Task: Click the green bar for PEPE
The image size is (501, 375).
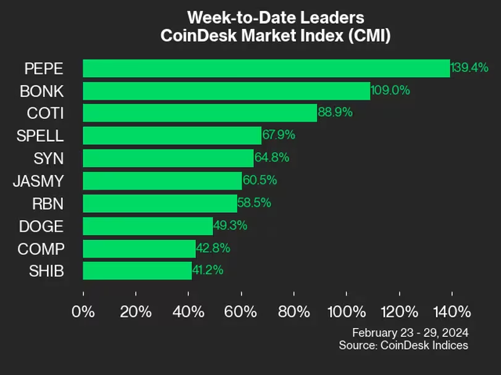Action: click(x=266, y=68)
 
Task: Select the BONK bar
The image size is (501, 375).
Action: click(x=227, y=91)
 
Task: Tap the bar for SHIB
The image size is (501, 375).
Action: click(x=137, y=271)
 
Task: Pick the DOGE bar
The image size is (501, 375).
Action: click(x=148, y=226)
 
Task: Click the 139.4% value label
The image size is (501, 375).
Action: click(x=469, y=68)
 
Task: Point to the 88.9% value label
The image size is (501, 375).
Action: click(x=335, y=112)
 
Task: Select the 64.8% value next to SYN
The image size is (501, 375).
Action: click(x=272, y=157)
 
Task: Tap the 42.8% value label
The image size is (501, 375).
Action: click(x=213, y=248)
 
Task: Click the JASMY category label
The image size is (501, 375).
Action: click(x=39, y=181)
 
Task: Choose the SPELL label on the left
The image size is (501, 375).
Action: click(x=40, y=136)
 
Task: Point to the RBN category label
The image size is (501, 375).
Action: click(x=48, y=204)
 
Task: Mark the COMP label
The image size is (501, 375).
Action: click(x=41, y=249)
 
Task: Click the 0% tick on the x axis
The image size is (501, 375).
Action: click(x=83, y=311)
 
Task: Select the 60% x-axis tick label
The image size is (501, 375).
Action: click(x=240, y=311)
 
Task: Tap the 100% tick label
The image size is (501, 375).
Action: click(x=347, y=311)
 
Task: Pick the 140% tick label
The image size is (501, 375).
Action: click(x=452, y=311)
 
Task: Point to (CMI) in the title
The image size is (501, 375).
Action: click(x=369, y=35)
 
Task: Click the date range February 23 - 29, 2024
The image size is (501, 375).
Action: click(x=410, y=332)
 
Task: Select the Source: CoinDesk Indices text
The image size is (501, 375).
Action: click(x=403, y=345)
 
